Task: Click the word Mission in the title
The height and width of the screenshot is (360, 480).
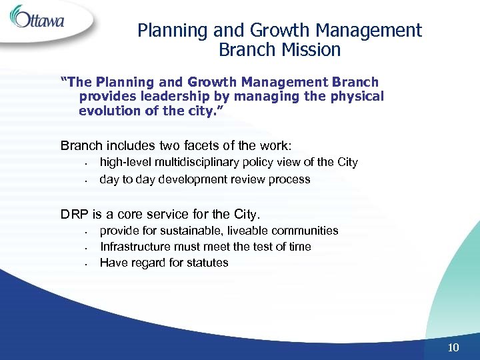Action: click(x=310, y=50)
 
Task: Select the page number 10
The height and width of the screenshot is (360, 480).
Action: click(x=454, y=347)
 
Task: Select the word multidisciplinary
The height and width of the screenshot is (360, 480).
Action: click(x=201, y=162)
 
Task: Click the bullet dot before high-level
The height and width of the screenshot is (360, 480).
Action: click(x=87, y=163)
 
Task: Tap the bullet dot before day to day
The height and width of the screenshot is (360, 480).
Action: click(x=87, y=180)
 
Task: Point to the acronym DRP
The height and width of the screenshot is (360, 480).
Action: click(x=75, y=215)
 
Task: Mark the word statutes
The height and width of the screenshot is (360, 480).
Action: click(x=207, y=263)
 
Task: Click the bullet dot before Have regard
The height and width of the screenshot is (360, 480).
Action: click(x=87, y=264)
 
